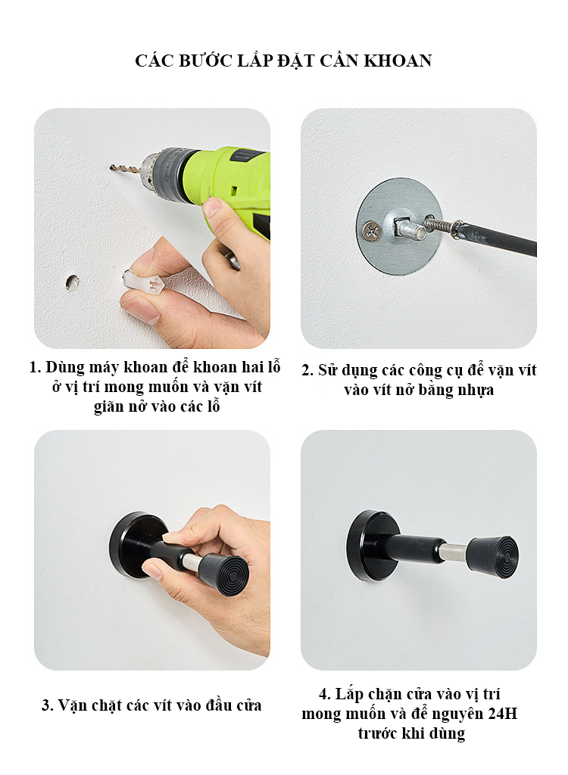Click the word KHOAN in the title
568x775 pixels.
coord(398,61)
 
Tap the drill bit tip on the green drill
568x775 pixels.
coord(111,167)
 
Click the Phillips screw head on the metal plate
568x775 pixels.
coord(371,230)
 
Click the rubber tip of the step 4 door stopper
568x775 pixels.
coord(493,557)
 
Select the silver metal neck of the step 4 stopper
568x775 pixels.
coord(453,552)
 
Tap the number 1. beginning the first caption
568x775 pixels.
coord(35,367)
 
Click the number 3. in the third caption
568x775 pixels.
coord(48,705)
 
